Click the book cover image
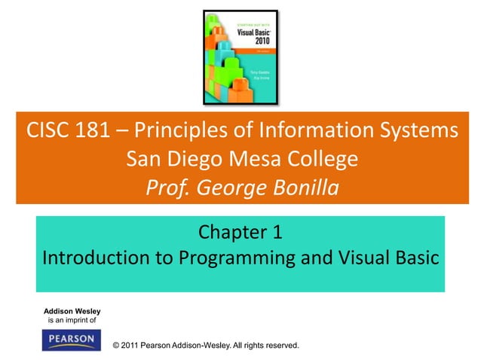[240, 57]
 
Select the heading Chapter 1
[240, 231]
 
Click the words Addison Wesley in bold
[72, 311]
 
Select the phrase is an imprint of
[72, 321]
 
